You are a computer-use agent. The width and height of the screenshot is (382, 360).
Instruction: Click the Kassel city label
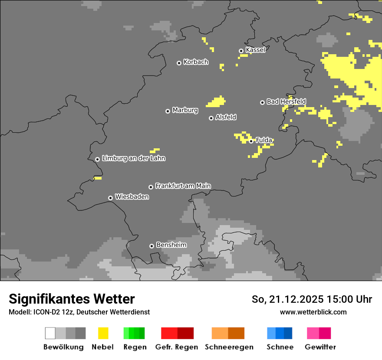(x=255, y=50)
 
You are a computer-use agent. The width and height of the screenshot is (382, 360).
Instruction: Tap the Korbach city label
(x=196, y=62)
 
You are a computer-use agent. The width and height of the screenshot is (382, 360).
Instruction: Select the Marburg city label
(x=185, y=110)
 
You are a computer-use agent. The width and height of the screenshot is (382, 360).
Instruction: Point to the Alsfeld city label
(x=226, y=118)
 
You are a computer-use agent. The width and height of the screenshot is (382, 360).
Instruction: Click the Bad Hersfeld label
(x=286, y=101)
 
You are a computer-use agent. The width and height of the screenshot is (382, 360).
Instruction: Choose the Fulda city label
(x=264, y=140)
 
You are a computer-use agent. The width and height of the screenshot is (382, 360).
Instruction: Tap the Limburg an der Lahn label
(x=134, y=158)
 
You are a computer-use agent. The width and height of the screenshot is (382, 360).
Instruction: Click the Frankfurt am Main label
(x=183, y=186)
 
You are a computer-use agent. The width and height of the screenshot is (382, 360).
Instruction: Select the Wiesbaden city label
(x=132, y=197)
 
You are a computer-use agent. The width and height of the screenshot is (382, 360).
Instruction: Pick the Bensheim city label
(x=171, y=245)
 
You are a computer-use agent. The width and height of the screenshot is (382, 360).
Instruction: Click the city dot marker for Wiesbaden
(x=111, y=198)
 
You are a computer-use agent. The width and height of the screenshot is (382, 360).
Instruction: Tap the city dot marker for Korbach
(x=179, y=63)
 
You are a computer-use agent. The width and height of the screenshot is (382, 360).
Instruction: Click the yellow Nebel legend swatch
(x=103, y=333)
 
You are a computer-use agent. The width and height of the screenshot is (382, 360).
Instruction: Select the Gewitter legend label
(x=320, y=347)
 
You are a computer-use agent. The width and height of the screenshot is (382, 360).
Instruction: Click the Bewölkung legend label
(x=63, y=347)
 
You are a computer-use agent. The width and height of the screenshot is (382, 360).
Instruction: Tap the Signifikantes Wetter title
(x=72, y=299)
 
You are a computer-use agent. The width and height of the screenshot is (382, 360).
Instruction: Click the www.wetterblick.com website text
(x=313, y=312)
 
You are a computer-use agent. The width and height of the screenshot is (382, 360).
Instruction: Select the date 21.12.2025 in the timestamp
(x=296, y=299)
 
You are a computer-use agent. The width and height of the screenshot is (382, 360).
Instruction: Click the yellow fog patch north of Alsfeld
(x=216, y=102)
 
